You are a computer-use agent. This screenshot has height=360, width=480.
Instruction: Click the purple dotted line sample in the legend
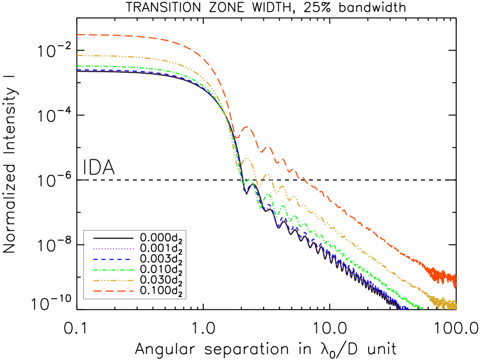pos(113,249)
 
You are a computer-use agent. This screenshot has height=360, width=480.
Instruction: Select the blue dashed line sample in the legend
pos(113,259)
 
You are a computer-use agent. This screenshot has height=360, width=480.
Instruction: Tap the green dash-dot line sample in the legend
pos(113,270)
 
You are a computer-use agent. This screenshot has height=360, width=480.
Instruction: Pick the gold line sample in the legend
pos(113,280)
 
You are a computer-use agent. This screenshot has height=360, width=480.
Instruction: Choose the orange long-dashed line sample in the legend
pos(113,291)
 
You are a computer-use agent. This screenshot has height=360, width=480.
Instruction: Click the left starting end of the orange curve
pos(78,35)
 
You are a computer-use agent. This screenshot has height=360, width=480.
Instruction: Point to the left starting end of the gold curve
pos(78,55)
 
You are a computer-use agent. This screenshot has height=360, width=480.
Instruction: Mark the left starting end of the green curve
pos(78,66)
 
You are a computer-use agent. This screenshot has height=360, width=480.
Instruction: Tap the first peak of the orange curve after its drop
pos(246,127)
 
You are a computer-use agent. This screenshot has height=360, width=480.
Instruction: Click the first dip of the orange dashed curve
pos(237,137)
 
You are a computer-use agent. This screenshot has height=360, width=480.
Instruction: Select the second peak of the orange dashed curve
pos(269,148)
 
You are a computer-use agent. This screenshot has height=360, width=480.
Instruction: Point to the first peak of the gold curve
pos(247,158)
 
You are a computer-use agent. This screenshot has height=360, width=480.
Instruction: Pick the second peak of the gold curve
pos(266,175)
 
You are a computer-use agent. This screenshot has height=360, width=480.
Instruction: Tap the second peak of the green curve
pos(268,194)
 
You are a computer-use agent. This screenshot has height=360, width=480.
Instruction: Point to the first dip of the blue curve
pos(245,191)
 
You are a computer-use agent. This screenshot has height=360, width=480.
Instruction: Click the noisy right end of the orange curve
pos(454,279)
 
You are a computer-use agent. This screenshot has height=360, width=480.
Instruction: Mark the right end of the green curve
pos(422,308)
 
